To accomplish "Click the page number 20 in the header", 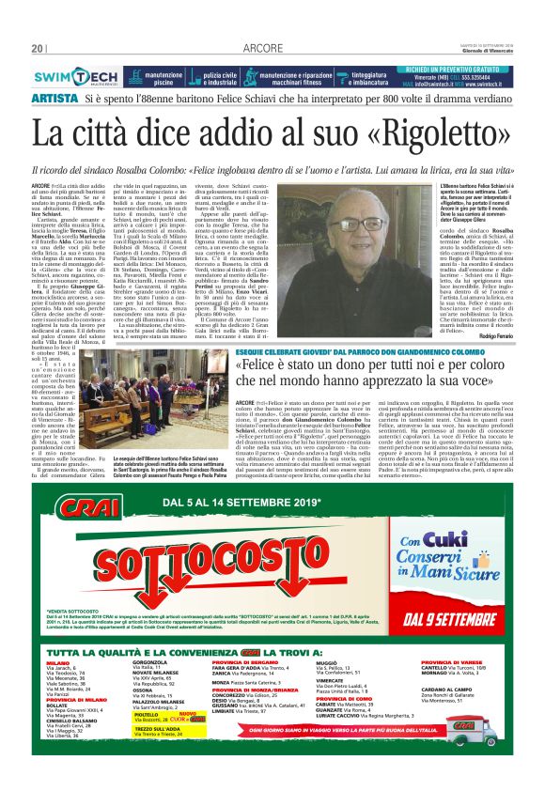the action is (x=38, y=49).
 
